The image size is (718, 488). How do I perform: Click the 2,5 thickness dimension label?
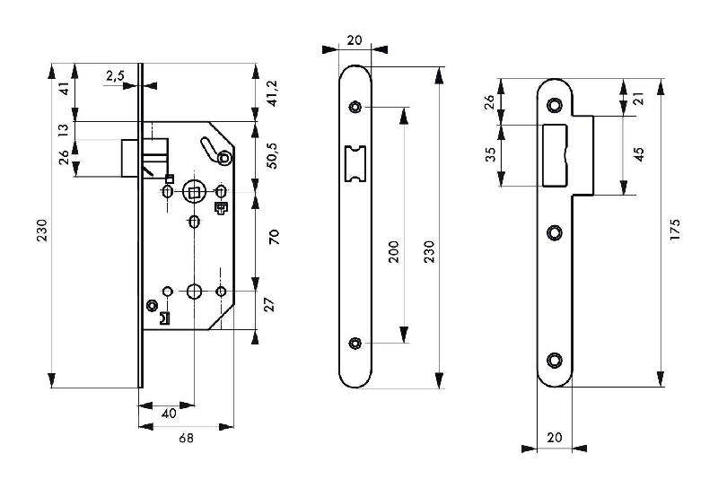pyautogui.click(x=115, y=76)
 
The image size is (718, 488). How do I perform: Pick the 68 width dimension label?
pyautogui.click(x=185, y=439)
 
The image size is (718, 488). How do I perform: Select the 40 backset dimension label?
pyautogui.click(x=168, y=414)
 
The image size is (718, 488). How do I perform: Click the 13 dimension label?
pyautogui.click(x=64, y=130)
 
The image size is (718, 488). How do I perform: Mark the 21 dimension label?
pyautogui.click(x=639, y=98)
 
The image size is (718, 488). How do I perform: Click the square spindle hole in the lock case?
pyautogui.click(x=194, y=191)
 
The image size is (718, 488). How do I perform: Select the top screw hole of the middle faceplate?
pyautogui.click(x=356, y=108)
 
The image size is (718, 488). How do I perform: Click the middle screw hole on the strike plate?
pyautogui.click(x=554, y=232)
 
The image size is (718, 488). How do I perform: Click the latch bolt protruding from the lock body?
pyautogui.click(x=131, y=157)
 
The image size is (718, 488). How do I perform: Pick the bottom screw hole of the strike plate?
pyautogui.click(x=554, y=360)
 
